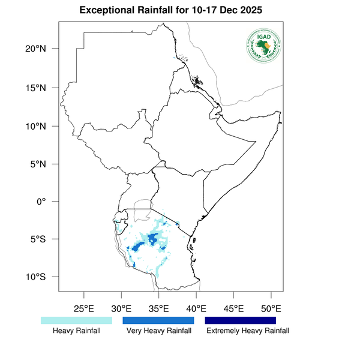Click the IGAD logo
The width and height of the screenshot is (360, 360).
click(263, 46)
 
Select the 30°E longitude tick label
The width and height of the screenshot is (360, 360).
click(121, 308)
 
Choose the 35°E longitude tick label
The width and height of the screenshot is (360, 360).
click(158, 308)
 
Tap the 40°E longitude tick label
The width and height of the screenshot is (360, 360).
click(196, 308)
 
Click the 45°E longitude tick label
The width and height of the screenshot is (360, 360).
click(233, 308)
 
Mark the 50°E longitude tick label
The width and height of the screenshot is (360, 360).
click(271, 308)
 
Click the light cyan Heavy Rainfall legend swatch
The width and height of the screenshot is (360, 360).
click(76, 320)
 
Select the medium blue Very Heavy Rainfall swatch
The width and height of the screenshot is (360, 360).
click(158, 320)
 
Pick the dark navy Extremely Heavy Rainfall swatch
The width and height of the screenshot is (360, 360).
click(241, 320)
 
